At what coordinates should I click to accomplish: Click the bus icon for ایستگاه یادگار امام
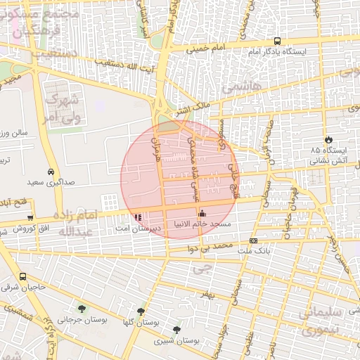277,41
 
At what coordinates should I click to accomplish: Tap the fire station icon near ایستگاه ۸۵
328,138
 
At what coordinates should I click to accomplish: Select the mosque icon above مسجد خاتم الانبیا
202,214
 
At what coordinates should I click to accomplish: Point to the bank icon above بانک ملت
253,240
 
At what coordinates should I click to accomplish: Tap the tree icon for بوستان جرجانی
82,308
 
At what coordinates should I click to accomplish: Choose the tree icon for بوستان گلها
141,311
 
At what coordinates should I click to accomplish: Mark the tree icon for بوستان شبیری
176,329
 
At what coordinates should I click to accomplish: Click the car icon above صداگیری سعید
51,171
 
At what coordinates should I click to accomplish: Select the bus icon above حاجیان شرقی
23,276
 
